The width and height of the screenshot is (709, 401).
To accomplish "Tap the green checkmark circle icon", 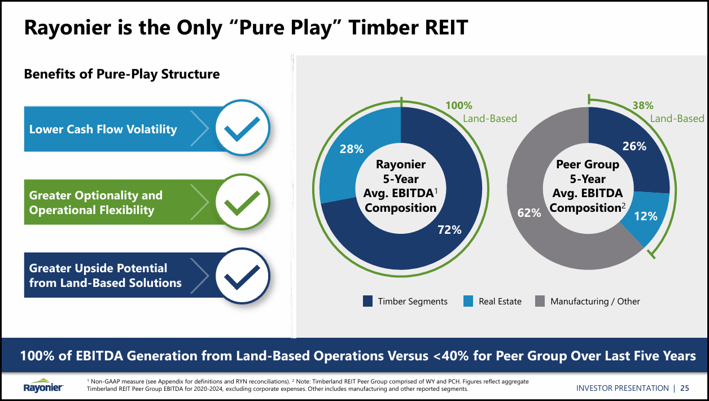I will pos(242,202).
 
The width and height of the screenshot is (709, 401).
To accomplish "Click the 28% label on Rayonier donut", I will pos(351,149).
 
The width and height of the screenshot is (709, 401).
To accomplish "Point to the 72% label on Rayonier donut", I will pos(449,229).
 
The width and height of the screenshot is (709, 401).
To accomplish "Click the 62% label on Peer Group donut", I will pos(529,212).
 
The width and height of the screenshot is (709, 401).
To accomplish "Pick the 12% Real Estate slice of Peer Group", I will pos(646,216).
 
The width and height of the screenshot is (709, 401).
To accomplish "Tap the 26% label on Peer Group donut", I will pos(634,146).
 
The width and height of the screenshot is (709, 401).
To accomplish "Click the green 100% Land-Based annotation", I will pos(480,112).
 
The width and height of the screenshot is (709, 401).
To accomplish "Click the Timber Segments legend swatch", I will pos(368,302).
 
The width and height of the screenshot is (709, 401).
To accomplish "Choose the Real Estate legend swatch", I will pos(468,302).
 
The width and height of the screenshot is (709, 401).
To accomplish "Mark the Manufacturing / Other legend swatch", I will pos(540,302).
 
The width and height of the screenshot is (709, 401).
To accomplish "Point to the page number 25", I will pos(684,388).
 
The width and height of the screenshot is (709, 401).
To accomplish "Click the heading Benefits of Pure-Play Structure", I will pos(121,74).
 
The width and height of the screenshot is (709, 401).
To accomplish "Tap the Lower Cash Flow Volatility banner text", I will pos(103,129).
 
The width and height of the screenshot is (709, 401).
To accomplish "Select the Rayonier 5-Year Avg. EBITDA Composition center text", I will pos(401,186).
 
